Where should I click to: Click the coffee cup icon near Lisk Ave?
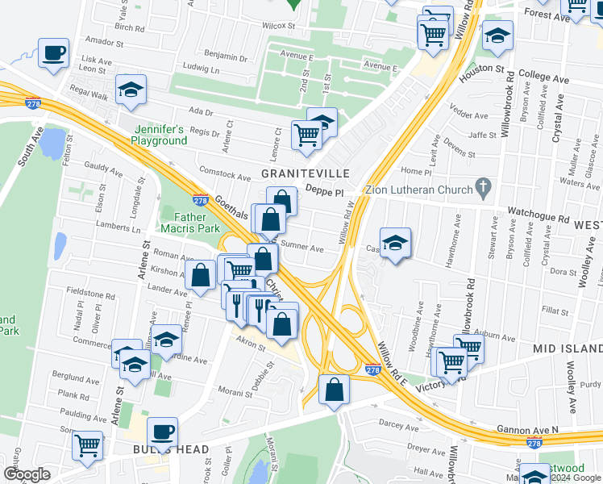54,54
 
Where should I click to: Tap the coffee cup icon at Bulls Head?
163,432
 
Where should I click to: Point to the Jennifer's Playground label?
160,135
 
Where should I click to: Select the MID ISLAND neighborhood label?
567,348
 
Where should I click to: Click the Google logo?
27,474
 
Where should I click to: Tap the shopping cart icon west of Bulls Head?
87,445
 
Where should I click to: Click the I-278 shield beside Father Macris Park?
201,200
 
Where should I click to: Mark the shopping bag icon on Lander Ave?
199,276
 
